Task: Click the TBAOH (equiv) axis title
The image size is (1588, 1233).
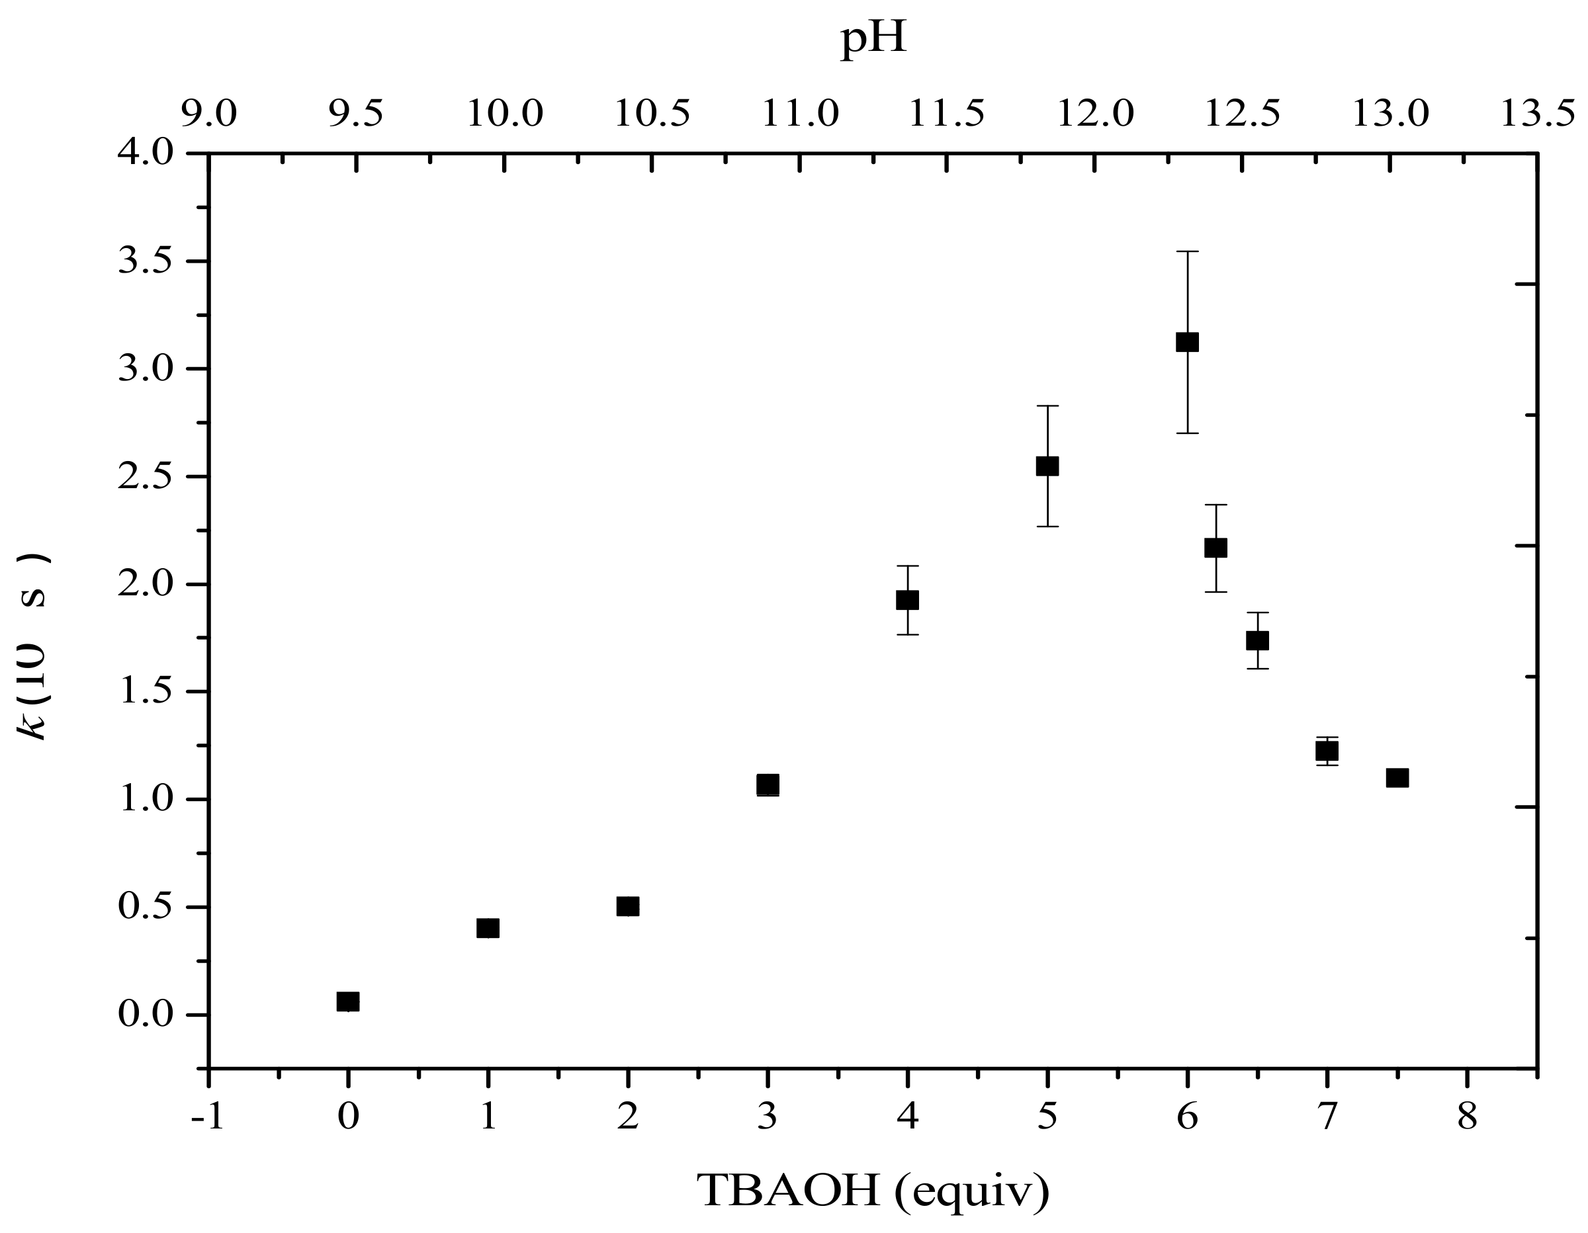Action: (x=873, y=1190)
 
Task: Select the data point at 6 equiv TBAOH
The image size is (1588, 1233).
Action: (x=1186, y=342)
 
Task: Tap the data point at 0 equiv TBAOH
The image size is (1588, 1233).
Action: (x=347, y=1001)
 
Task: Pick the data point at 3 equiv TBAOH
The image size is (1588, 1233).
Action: (x=767, y=785)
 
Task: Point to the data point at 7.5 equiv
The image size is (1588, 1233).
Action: (x=1397, y=778)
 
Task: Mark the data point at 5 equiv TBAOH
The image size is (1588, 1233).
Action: (x=1047, y=466)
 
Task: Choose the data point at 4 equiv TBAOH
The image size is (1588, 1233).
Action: (x=907, y=600)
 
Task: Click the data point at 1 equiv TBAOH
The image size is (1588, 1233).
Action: (x=488, y=927)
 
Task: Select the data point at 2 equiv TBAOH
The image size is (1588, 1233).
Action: (x=627, y=906)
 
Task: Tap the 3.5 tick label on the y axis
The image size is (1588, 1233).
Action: (x=146, y=262)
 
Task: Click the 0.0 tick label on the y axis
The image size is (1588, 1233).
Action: (x=146, y=1015)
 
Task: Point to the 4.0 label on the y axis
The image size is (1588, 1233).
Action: (x=146, y=154)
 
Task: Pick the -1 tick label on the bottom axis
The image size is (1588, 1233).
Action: (x=208, y=1117)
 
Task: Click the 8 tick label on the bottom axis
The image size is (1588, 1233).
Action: (x=1466, y=1117)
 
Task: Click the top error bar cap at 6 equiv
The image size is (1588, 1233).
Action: (x=1186, y=251)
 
